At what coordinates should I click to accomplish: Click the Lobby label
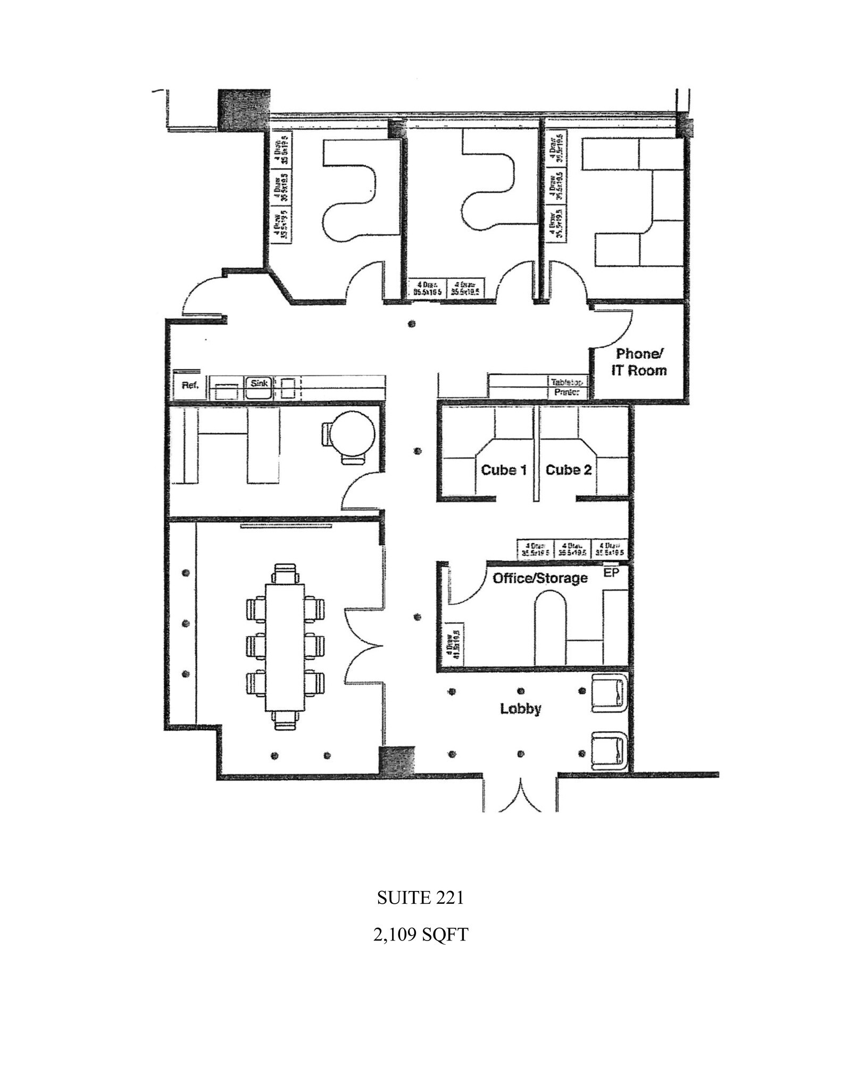[520, 709]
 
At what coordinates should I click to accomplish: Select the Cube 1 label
[503, 470]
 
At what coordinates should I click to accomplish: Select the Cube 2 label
[569, 470]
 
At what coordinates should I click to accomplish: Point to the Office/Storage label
[540, 578]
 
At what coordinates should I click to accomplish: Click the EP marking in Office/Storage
[611, 573]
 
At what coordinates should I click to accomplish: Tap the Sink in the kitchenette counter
[259, 383]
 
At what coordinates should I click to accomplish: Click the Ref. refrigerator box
[190, 386]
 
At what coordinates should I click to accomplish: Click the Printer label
[567, 393]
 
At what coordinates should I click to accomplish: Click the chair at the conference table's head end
[286, 573]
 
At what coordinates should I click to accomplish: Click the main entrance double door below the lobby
[520, 796]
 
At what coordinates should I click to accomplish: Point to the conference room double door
[363, 646]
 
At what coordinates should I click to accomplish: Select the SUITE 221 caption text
[420, 898]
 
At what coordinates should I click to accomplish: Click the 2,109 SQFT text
[420, 935]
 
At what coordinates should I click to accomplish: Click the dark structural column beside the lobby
[396, 761]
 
